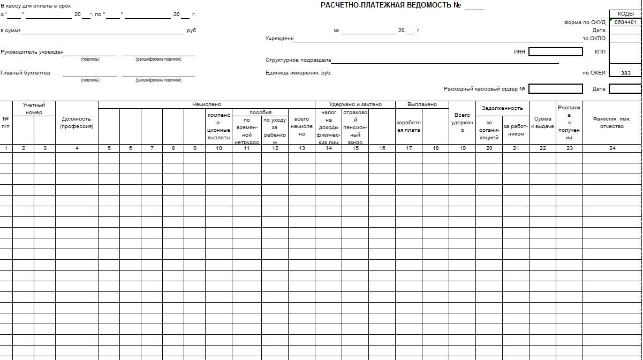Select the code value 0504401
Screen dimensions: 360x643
click(625, 22)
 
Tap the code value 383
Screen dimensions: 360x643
click(625, 73)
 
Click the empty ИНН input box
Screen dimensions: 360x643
click(555, 52)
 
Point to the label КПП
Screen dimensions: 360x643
click(600, 52)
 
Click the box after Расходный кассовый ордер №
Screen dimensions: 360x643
click(555, 89)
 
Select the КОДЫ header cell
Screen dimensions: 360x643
click(625, 14)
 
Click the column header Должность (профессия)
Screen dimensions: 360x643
click(77, 123)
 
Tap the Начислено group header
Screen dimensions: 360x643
click(207, 104)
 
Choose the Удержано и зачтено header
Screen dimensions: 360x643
click(355, 104)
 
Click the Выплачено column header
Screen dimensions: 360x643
click(422, 104)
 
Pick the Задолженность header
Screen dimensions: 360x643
click(502, 108)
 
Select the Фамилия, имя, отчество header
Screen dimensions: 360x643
click(612, 123)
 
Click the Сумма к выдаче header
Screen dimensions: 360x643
click(542, 123)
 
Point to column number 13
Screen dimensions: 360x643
click(302, 148)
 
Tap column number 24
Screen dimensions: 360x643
click(612, 148)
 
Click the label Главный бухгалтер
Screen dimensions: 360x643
click(26, 73)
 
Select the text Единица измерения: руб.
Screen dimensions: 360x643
click(299, 73)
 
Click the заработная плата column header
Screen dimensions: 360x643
click(409, 126)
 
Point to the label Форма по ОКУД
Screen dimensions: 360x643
click(585, 22)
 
